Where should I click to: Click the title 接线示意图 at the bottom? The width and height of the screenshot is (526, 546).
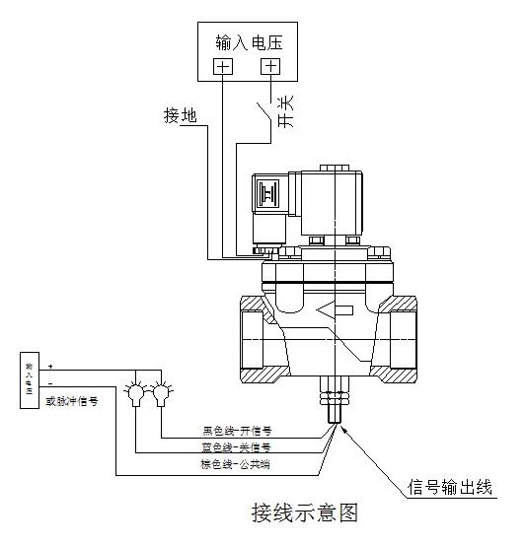click(303, 512)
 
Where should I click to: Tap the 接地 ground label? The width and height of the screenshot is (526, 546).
click(180, 116)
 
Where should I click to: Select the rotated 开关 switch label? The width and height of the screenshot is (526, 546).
click(286, 111)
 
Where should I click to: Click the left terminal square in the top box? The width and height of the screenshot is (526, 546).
click(223, 67)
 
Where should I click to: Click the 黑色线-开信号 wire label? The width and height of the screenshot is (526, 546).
click(237, 431)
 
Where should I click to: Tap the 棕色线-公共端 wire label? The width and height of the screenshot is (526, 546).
click(237, 463)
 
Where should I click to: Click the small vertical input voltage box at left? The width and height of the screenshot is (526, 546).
click(29, 378)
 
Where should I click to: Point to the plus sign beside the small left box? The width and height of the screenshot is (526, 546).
click(50, 367)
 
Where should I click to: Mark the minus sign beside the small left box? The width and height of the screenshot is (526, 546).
click(50, 383)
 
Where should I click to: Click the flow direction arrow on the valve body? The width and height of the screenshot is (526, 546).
click(338, 312)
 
